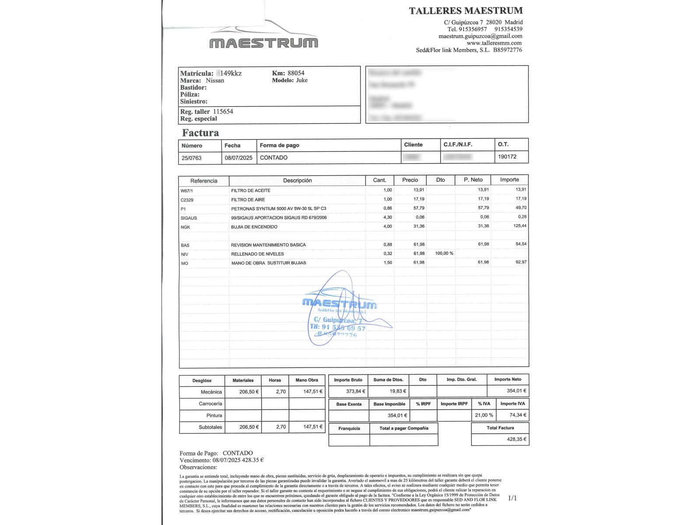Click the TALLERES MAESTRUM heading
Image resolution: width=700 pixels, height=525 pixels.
coord(465,11)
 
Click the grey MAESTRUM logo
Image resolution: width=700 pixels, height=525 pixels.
coord(264,43)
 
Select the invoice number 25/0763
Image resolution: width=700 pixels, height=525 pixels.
coord(192,158)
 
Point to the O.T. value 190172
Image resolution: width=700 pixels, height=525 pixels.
coord(507,157)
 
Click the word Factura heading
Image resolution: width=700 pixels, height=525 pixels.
coord(200,133)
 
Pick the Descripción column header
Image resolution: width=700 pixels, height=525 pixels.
coord(297,180)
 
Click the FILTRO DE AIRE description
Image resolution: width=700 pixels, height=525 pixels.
coord(248,199)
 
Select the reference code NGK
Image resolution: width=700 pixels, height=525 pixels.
coord(185,227)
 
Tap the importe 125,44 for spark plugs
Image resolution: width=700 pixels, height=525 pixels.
coord(520,226)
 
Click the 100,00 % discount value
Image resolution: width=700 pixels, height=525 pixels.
coord(444,253)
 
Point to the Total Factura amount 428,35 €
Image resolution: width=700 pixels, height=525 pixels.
coord(517,439)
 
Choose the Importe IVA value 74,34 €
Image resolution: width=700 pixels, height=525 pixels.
coord(518,415)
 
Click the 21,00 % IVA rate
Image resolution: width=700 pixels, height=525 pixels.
coord(484,415)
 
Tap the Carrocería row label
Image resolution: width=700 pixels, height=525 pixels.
coord(210,404)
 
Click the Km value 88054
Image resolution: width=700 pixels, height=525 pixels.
coord(296,73)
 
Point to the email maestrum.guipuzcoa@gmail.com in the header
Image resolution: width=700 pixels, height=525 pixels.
coord(480,36)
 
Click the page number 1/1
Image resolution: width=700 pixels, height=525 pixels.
coord(512,498)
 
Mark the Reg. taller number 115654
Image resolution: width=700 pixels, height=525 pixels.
coord(223,112)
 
